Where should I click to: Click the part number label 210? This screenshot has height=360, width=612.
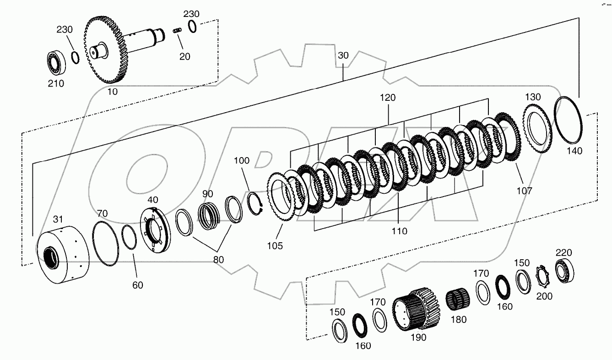[56, 83]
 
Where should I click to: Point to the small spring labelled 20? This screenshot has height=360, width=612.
[178, 31]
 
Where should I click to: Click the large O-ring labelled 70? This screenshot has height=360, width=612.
[106, 243]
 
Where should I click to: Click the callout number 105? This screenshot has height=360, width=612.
[276, 245]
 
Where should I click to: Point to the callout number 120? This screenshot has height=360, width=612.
[387, 98]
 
